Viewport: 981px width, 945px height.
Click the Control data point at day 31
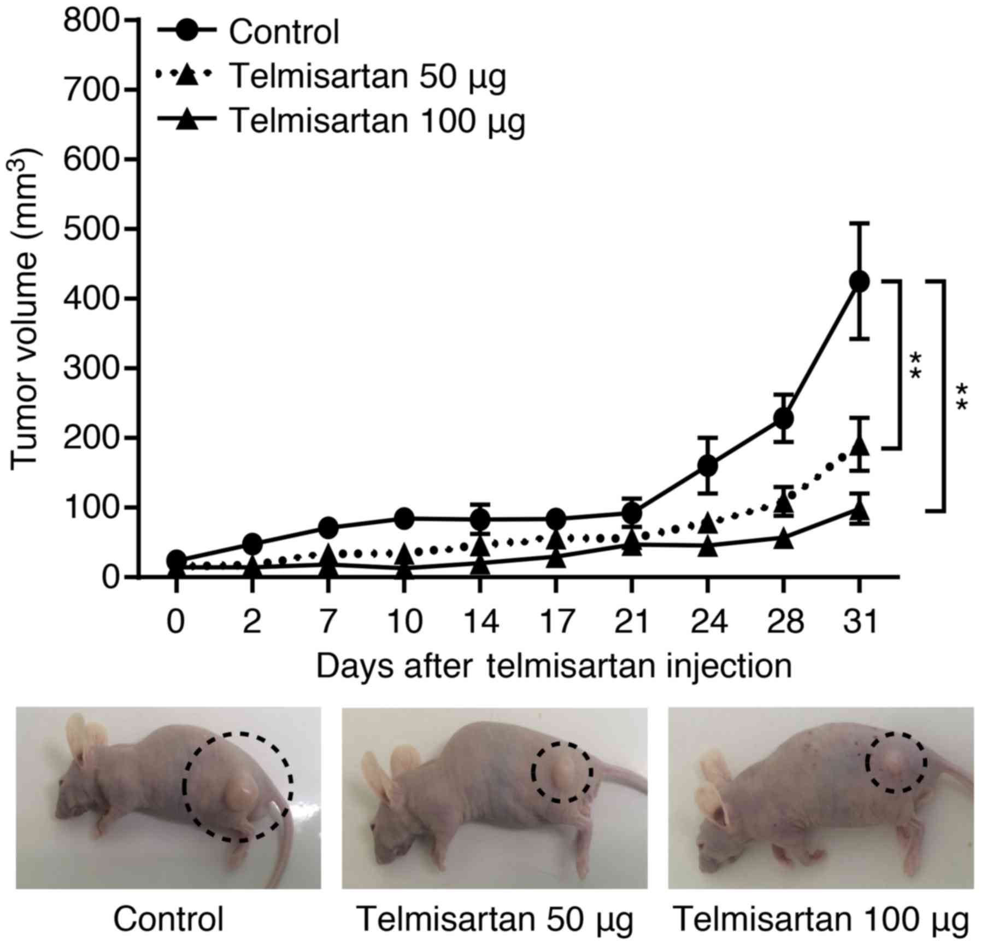click(859, 281)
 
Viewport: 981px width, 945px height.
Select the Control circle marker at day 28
click(783, 419)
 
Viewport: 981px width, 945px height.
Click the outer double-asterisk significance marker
click(961, 396)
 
